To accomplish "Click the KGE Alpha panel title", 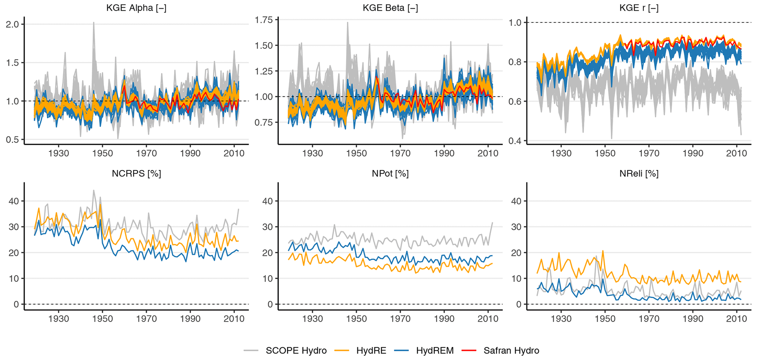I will (136, 8).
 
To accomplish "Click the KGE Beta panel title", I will (390, 8).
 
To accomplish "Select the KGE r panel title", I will (638, 8).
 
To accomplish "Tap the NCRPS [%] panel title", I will (136, 173).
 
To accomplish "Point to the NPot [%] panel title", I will (390, 173).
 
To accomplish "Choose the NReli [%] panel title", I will (639, 173).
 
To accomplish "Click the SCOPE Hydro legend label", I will (296, 350).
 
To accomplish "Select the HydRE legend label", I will (371, 350).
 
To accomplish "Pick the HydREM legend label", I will (435, 350).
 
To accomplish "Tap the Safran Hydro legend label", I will (511, 350).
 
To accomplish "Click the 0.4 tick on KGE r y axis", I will (515, 141).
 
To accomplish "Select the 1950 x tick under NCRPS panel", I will (102, 319).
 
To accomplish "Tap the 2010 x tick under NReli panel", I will (737, 319).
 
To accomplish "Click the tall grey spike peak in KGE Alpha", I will (94, 23).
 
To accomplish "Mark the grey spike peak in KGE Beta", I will (347, 23).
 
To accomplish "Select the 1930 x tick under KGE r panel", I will (561, 153).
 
